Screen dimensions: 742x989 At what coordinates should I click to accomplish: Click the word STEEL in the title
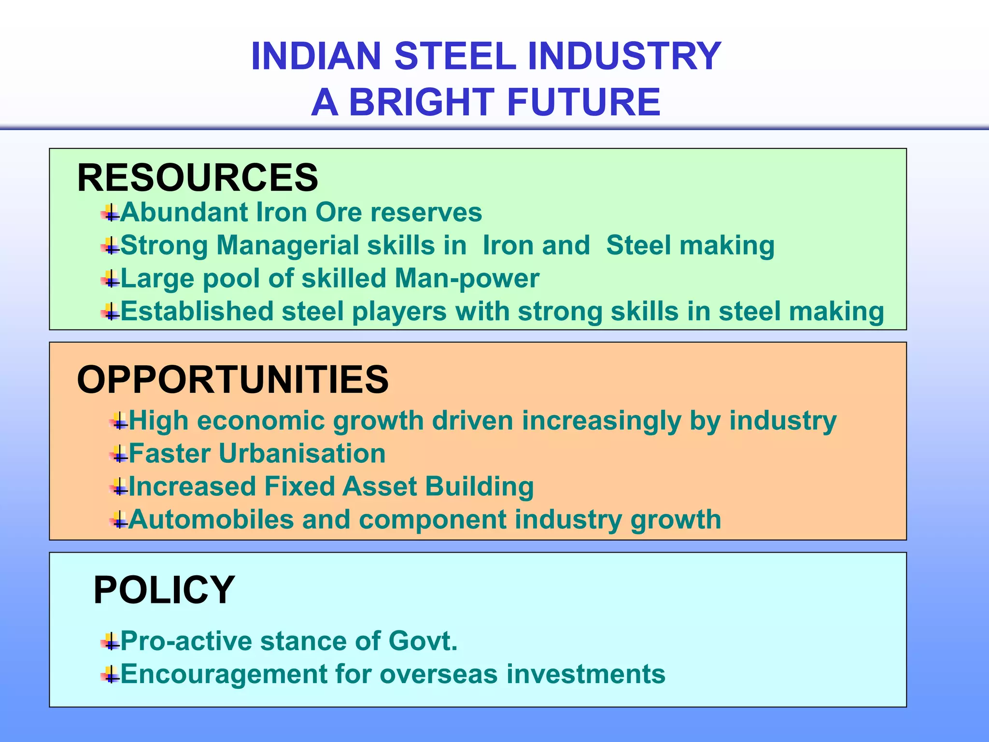[455, 56]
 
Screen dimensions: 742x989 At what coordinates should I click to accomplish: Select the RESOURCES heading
[198, 178]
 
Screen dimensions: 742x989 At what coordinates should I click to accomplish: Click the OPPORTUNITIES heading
[232, 380]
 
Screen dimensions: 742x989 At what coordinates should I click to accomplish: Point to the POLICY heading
[164, 590]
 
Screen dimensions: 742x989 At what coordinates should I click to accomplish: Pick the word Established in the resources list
[197, 311]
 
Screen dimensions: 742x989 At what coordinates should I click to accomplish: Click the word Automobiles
[211, 520]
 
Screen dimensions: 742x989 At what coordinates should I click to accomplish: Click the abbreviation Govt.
[423, 642]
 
